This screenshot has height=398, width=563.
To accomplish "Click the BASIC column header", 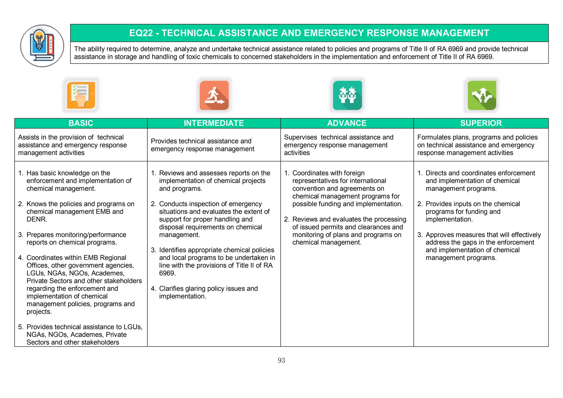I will coord(81,123).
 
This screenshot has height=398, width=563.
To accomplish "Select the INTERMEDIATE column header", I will coord(214,123).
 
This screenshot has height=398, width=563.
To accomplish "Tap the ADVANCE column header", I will coord(347,123).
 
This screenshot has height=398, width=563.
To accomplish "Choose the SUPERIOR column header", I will coord(481,123).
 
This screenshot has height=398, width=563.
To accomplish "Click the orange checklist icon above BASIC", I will coord(81,95).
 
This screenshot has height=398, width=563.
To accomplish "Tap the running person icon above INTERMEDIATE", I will coord(214,95).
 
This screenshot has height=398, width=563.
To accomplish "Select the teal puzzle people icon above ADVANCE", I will coord(347,95).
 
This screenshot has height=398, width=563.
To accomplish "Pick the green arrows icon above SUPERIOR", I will coord(482,95).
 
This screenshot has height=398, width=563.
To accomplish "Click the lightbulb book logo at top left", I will coord(42,46).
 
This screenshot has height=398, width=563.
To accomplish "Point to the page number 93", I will coord(281,360).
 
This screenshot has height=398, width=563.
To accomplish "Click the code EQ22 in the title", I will coord(141,33).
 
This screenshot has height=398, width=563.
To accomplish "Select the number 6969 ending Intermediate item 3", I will coord(167,273).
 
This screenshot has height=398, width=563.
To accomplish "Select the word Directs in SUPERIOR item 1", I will coord(436,173).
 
